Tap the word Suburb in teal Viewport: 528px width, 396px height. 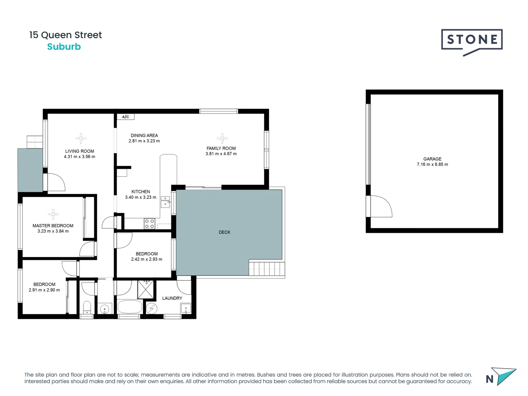(x=64, y=47)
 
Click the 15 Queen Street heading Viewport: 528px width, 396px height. (x=66, y=35)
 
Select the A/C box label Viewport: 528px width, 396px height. (x=126, y=117)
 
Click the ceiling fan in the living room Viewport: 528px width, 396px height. (x=81, y=138)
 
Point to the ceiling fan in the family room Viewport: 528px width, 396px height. (x=222, y=138)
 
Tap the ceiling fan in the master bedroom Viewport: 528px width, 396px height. (x=53, y=214)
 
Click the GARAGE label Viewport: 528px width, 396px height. (x=432, y=159)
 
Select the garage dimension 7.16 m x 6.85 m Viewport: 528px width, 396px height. (x=432, y=165)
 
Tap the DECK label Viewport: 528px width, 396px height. (x=224, y=232)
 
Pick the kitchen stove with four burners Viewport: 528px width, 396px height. (x=149, y=224)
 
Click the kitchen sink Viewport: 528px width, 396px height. (x=165, y=202)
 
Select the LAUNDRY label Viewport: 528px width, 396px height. (x=172, y=298)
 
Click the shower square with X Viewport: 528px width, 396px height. (x=146, y=289)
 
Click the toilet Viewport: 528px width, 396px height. (x=87, y=307)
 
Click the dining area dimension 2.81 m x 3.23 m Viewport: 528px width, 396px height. (x=144, y=141)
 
